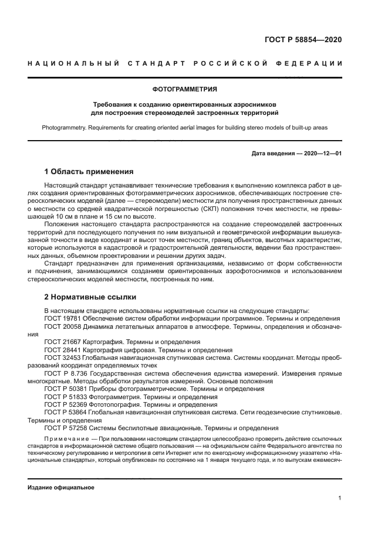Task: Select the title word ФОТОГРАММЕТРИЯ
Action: click(185, 89)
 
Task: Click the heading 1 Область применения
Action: click(89, 172)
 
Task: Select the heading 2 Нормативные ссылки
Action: click(86, 297)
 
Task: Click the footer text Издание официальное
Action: click(60, 487)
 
